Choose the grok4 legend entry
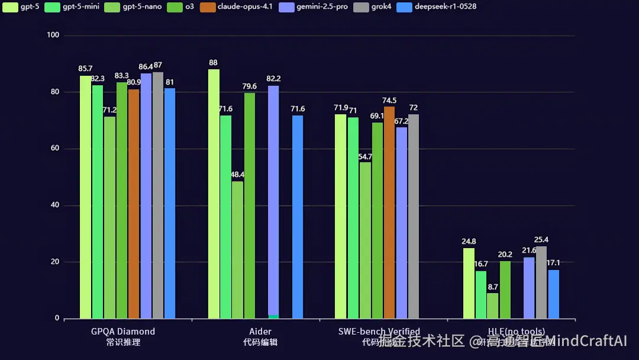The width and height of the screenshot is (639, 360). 379,7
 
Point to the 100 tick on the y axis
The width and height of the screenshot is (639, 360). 53,36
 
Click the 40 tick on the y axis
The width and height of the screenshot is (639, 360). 55,205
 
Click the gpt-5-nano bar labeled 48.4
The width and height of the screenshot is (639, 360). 237,249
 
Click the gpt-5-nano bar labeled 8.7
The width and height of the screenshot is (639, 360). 493,306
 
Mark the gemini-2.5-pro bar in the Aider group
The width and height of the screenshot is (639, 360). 273,201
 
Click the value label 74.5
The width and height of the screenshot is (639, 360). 389,101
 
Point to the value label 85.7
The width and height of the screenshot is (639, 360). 85,69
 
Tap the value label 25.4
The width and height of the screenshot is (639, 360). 541,240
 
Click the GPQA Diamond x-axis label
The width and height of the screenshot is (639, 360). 123,332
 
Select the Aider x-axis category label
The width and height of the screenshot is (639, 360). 260,332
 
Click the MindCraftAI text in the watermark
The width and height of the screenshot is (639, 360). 586,341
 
